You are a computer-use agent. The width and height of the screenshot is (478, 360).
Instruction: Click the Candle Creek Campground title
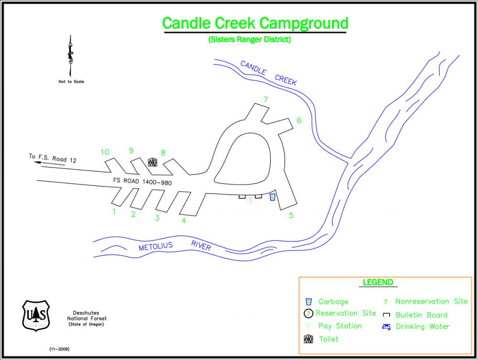(x=255, y=22)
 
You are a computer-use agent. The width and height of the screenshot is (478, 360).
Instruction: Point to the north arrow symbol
(x=71, y=55)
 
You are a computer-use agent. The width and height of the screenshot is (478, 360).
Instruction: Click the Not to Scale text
(x=71, y=82)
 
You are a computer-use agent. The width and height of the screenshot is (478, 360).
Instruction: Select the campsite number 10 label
(x=105, y=153)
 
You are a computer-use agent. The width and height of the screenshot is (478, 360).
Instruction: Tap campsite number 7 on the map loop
(x=265, y=100)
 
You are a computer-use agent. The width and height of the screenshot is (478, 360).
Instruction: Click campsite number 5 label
(x=291, y=216)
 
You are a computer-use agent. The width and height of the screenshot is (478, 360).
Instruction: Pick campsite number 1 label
(x=114, y=212)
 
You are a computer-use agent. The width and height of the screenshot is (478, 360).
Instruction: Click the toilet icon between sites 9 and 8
(x=152, y=162)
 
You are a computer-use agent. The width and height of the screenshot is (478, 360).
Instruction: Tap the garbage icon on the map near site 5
(x=272, y=197)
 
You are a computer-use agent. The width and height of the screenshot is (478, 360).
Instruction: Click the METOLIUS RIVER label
(x=174, y=246)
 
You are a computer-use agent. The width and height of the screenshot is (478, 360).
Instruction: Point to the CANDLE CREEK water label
(x=268, y=73)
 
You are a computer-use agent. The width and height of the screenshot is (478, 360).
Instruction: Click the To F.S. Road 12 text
(x=52, y=158)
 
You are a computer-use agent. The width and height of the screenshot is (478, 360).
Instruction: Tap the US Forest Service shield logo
(x=36, y=315)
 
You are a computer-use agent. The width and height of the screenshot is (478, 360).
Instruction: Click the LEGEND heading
(x=378, y=283)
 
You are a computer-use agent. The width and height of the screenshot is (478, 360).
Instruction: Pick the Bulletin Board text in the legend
(x=421, y=315)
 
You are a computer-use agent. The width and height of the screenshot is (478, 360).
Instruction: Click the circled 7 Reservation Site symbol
(x=309, y=314)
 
